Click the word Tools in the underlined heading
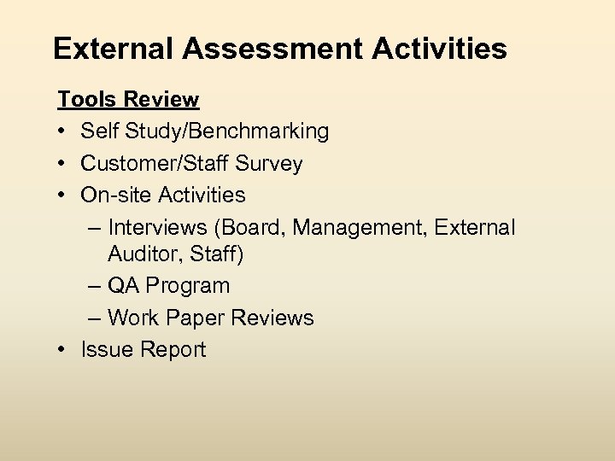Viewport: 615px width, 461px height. (86, 100)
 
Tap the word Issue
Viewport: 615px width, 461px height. (102, 350)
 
